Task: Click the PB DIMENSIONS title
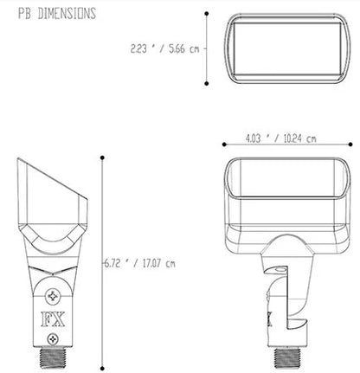(x=57, y=14)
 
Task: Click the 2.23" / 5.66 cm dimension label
(x=164, y=48)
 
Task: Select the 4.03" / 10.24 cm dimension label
(x=280, y=138)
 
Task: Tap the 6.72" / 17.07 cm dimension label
(x=139, y=263)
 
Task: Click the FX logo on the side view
(x=53, y=319)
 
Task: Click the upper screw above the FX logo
(x=53, y=296)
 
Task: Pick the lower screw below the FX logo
(x=53, y=339)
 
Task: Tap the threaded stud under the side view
(x=53, y=357)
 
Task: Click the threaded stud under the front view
(x=287, y=357)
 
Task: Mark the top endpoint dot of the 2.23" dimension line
(x=207, y=14)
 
